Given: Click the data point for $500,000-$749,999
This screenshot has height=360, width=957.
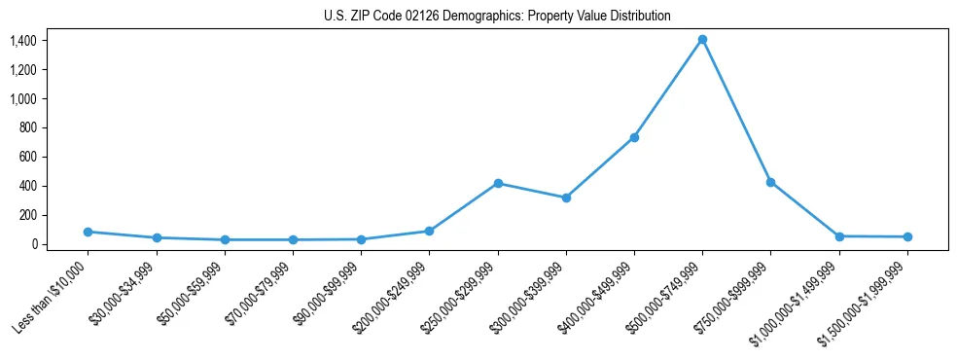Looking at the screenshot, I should tap(702, 40).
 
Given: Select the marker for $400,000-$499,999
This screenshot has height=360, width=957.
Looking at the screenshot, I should tap(634, 137).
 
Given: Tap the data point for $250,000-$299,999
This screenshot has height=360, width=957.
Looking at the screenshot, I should tap(498, 183).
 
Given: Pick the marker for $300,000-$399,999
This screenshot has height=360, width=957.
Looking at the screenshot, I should tap(566, 198).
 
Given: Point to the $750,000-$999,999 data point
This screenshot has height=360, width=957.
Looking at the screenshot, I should tap(770, 182).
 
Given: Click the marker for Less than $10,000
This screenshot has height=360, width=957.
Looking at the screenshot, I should tap(88, 232).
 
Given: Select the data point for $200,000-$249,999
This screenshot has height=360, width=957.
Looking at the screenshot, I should tap(429, 231).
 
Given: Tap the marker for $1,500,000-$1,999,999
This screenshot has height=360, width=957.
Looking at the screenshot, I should tap(907, 236).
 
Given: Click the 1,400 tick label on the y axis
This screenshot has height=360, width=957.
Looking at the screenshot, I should tap(23, 41).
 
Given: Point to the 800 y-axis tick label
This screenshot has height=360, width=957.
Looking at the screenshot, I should tap(27, 127).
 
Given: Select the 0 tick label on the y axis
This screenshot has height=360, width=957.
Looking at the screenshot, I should tap(33, 244).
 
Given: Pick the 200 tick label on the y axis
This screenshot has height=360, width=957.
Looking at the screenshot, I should tap(27, 215).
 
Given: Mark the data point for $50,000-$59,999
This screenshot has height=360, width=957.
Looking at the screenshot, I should tap(225, 239).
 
